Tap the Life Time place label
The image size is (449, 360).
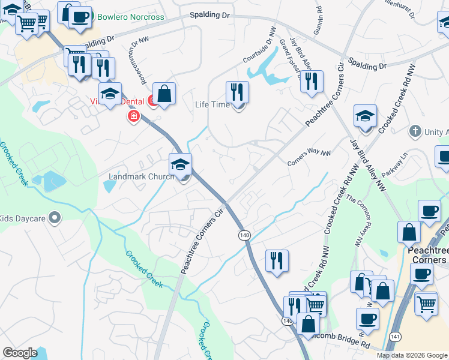click(x=212, y=105)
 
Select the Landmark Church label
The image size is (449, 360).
click(x=141, y=177)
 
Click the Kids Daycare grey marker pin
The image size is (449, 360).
click(x=55, y=218)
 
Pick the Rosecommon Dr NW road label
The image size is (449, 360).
click(x=138, y=59)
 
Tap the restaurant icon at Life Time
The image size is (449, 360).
click(x=238, y=92)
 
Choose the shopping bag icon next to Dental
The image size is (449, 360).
click(x=164, y=94)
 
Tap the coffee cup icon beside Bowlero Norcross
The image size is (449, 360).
click(x=79, y=16)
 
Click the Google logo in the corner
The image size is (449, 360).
click(x=20, y=353)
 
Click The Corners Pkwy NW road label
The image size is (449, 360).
click(x=355, y=222)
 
